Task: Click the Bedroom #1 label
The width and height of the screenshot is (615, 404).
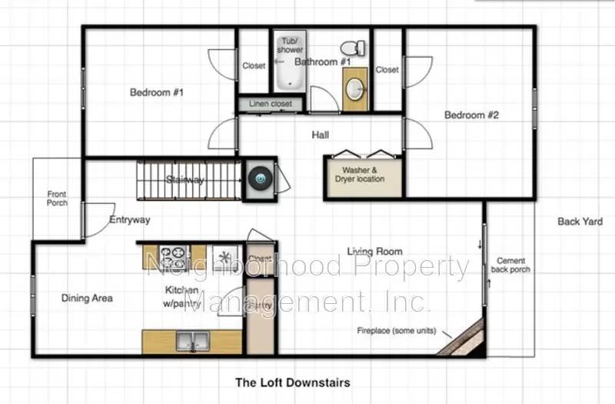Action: [156, 93]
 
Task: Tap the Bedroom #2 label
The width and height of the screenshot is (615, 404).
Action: [472, 115]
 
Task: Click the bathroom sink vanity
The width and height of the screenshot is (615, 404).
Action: [354, 89]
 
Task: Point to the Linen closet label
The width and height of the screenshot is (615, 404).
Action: [270, 104]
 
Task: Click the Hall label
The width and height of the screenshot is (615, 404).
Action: [321, 135]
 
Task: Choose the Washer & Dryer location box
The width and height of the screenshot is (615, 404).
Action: [359, 175]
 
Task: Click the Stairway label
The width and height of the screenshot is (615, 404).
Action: [185, 180]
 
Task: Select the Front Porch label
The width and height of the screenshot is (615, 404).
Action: [58, 199]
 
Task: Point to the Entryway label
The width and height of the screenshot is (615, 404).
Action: [129, 219]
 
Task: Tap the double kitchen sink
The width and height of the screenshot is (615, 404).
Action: [192, 339]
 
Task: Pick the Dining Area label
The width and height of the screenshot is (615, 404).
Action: [87, 298]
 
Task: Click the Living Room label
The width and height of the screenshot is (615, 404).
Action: [374, 252]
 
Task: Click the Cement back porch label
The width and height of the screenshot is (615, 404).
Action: [513, 265]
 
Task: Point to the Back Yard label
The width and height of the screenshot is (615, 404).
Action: [580, 222]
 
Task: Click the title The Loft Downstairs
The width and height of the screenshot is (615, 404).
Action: [292, 382]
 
